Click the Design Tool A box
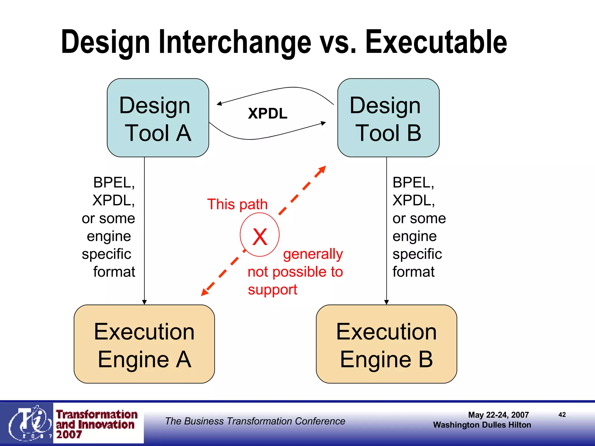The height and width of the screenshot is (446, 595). click(158, 118)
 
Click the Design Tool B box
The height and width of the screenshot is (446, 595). click(388, 118)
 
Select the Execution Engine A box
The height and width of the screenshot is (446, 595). click(144, 344)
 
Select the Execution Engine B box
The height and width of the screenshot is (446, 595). click(386, 344)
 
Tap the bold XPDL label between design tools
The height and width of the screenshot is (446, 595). click(268, 113)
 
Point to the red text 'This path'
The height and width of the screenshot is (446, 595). click(237, 204)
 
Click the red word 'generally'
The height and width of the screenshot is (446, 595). click(313, 254)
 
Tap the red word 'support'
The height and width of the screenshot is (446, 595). click(272, 290)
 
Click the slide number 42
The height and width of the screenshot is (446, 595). click(562, 415)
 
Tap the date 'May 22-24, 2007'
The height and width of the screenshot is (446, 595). click(498, 415)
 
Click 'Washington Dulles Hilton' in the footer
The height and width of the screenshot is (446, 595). click(482, 425)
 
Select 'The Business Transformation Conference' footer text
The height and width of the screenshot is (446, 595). click(255, 421)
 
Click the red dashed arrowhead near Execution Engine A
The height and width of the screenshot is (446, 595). click(205, 292)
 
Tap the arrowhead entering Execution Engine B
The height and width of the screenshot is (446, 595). click(386, 302)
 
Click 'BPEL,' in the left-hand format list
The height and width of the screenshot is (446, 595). click(114, 183)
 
